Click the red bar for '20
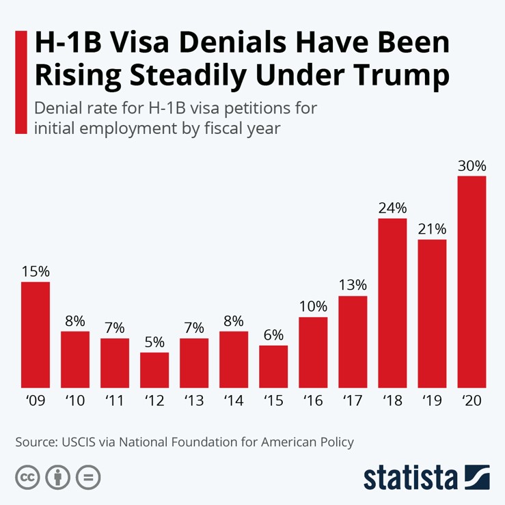[472, 282]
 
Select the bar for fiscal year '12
[154, 370]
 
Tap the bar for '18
[392, 303]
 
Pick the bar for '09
[36, 334]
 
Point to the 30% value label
[472, 166]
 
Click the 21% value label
[432, 229]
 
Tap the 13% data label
[353, 285]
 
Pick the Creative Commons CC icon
[27, 477]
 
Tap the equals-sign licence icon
[88, 477]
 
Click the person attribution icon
[57, 477]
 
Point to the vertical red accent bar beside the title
[21, 82]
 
